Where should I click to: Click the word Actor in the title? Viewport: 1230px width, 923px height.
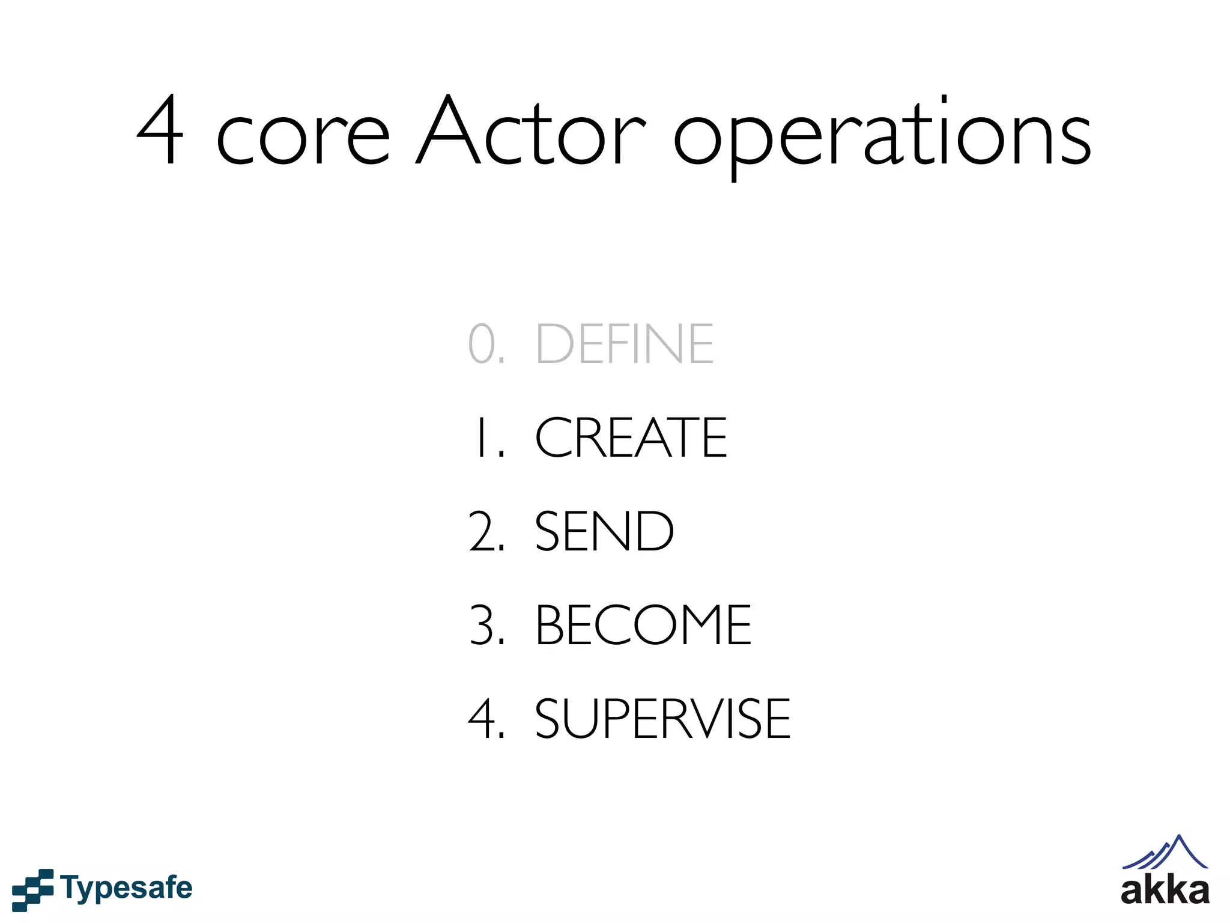[531, 132]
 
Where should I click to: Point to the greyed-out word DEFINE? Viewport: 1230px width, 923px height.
[625, 344]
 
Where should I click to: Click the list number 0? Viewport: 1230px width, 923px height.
[484, 344]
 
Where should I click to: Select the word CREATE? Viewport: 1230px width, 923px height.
[631, 437]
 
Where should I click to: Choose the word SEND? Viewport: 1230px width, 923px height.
[604, 531]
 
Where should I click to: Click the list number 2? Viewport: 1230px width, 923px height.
[484, 531]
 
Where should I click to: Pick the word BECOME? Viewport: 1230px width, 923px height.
[643, 625]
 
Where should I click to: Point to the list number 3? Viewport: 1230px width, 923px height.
[484, 625]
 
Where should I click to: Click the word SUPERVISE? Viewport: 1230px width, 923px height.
[662, 719]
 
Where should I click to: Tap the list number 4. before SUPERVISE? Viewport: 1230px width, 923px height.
[484, 719]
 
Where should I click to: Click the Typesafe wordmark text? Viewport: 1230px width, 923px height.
[126, 888]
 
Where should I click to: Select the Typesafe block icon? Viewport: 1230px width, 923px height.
[32, 889]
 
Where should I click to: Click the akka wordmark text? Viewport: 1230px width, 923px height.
[1165, 891]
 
